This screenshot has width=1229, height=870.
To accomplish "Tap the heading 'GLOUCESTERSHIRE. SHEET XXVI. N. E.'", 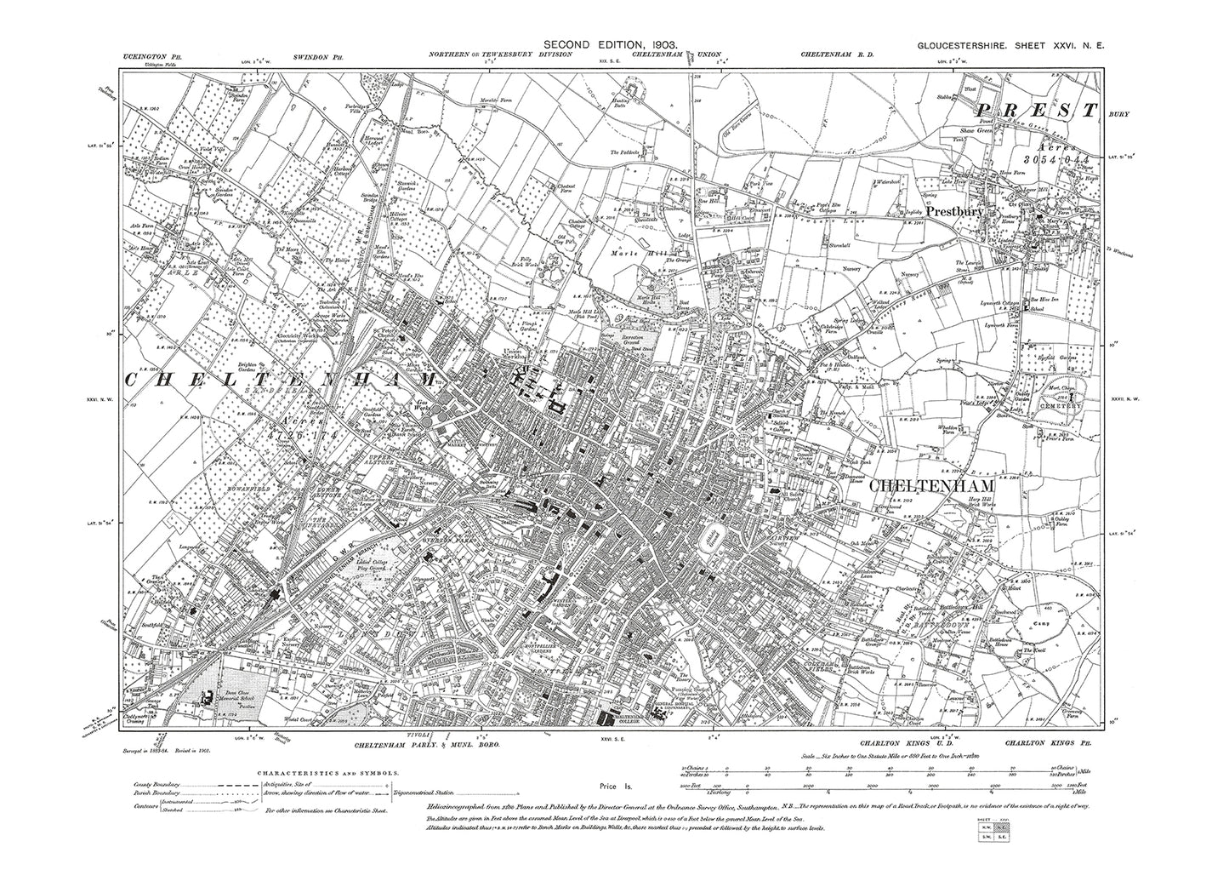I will click(1010, 49).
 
